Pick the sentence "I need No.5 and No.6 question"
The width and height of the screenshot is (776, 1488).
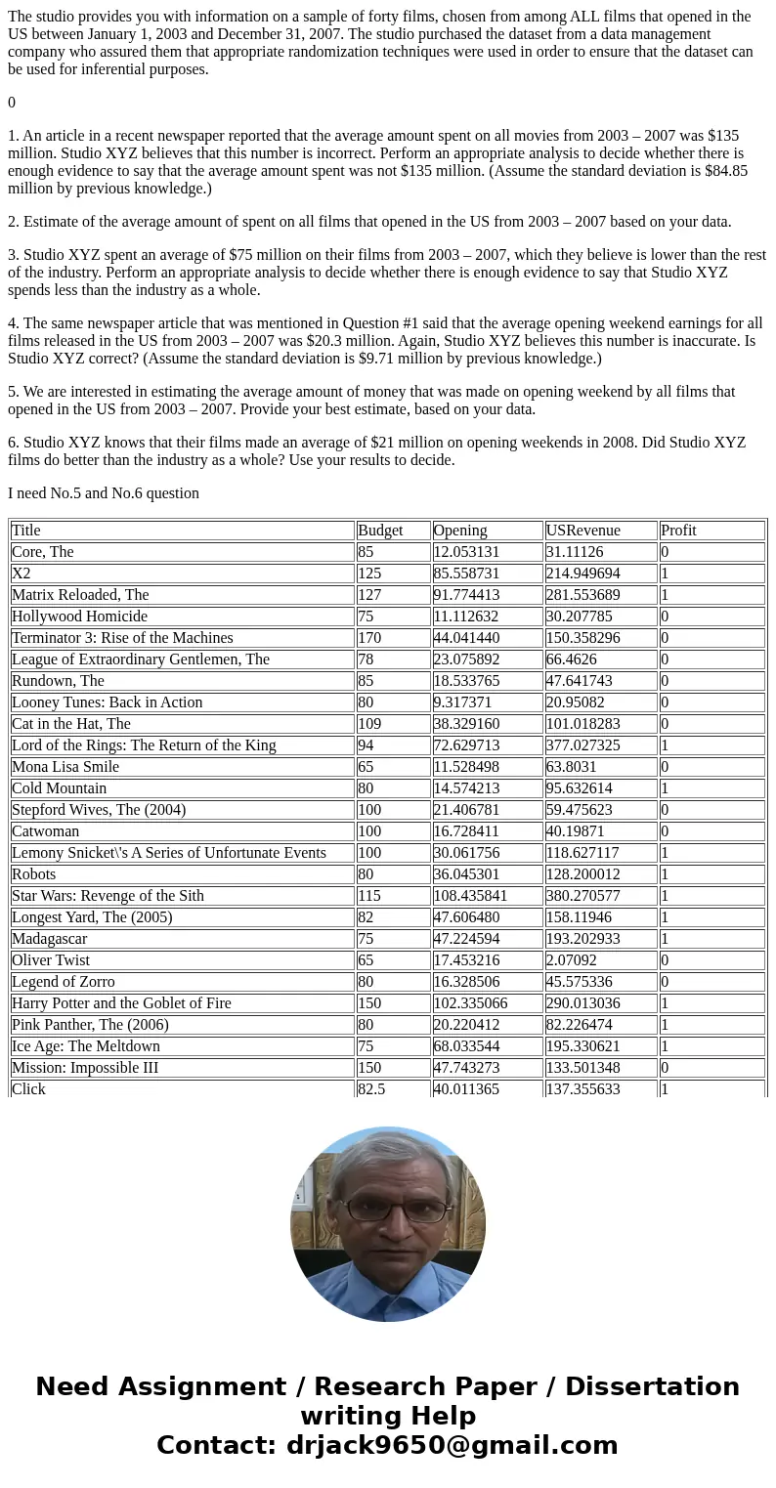(104, 493)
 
